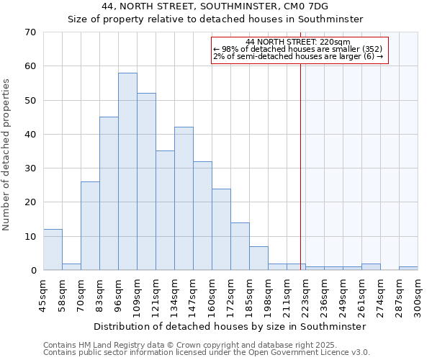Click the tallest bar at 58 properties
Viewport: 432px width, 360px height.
(127, 171)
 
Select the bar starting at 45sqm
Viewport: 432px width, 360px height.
(53, 250)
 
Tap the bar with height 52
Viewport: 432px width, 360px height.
(146, 181)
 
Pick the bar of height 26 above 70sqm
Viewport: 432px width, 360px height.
(90, 226)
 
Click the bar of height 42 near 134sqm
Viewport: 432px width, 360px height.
(184, 199)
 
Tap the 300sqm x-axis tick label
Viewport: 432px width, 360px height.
(418, 296)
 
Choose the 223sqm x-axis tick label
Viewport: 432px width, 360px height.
(305, 296)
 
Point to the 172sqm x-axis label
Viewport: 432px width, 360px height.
(230, 296)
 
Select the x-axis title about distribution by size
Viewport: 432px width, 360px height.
(230, 326)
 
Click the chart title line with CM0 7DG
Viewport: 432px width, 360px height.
(215, 6)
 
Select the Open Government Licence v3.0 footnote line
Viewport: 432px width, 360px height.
(207, 353)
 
